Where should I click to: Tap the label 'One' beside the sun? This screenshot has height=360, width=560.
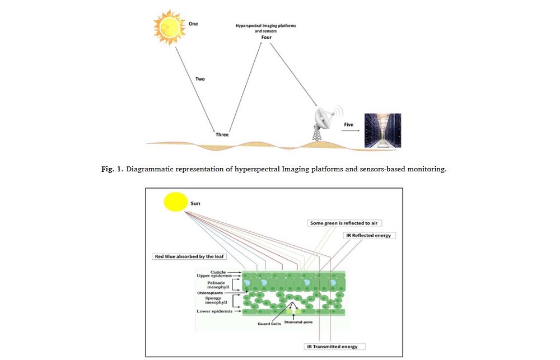[193, 24]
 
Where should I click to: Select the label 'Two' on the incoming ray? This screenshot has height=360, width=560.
[200, 79]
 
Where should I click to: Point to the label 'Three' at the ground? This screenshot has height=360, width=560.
[222, 134]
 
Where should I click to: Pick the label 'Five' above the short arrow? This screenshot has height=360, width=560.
[348, 124]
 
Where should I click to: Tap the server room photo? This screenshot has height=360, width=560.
[383, 130]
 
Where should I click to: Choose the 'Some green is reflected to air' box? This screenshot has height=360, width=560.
[345, 223]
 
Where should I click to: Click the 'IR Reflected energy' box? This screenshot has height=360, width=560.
[368, 236]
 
